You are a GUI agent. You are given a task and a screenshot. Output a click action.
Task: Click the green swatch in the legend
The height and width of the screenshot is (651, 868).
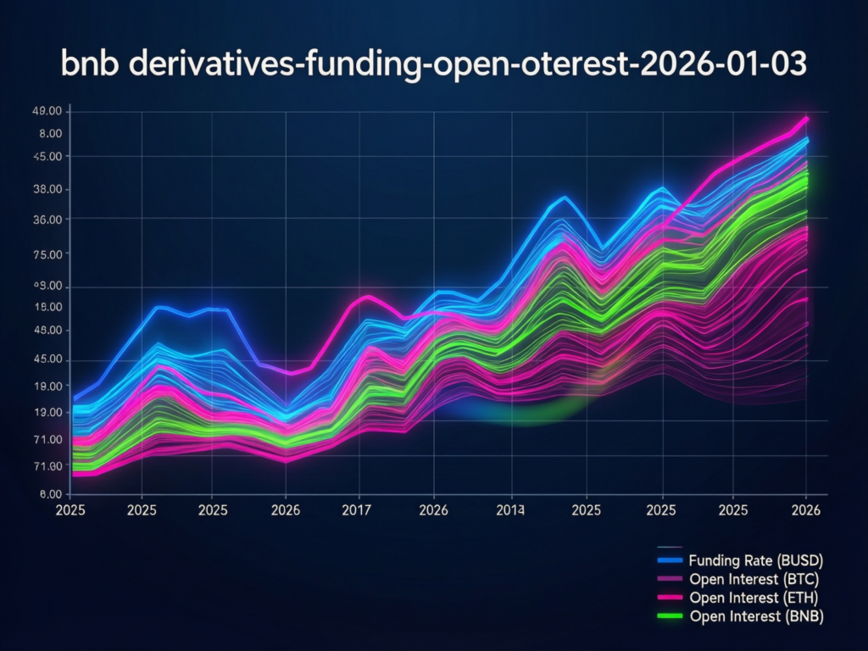click(x=670, y=616)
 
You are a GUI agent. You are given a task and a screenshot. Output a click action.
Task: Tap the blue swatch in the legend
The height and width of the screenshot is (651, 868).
click(x=670, y=560)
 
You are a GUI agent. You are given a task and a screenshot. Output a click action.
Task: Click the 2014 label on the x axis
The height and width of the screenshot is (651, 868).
click(x=510, y=511)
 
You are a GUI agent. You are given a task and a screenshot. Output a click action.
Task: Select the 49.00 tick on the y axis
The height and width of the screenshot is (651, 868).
click(x=46, y=112)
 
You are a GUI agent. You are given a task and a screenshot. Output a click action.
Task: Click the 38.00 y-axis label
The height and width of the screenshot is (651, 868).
click(x=46, y=189)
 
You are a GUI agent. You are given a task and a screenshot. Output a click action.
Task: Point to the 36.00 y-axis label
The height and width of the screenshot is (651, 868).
click(x=46, y=220)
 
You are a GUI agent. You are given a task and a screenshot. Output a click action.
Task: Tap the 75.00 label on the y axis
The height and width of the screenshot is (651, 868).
click(x=46, y=254)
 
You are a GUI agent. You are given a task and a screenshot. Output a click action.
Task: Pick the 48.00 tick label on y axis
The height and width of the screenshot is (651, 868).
click(x=46, y=331)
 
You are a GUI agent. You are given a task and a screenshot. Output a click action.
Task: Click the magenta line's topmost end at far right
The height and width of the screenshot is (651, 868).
click(x=807, y=119)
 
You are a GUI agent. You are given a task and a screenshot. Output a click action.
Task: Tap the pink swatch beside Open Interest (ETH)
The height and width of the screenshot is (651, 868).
click(x=670, y=598)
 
